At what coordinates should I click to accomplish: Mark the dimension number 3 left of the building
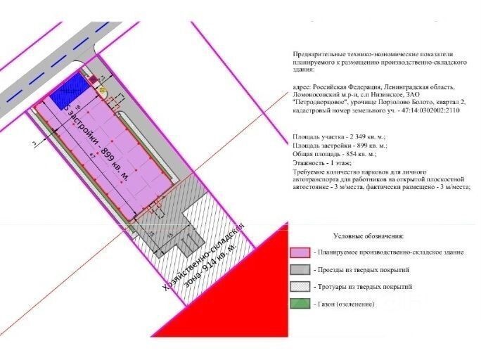click(33, 143)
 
